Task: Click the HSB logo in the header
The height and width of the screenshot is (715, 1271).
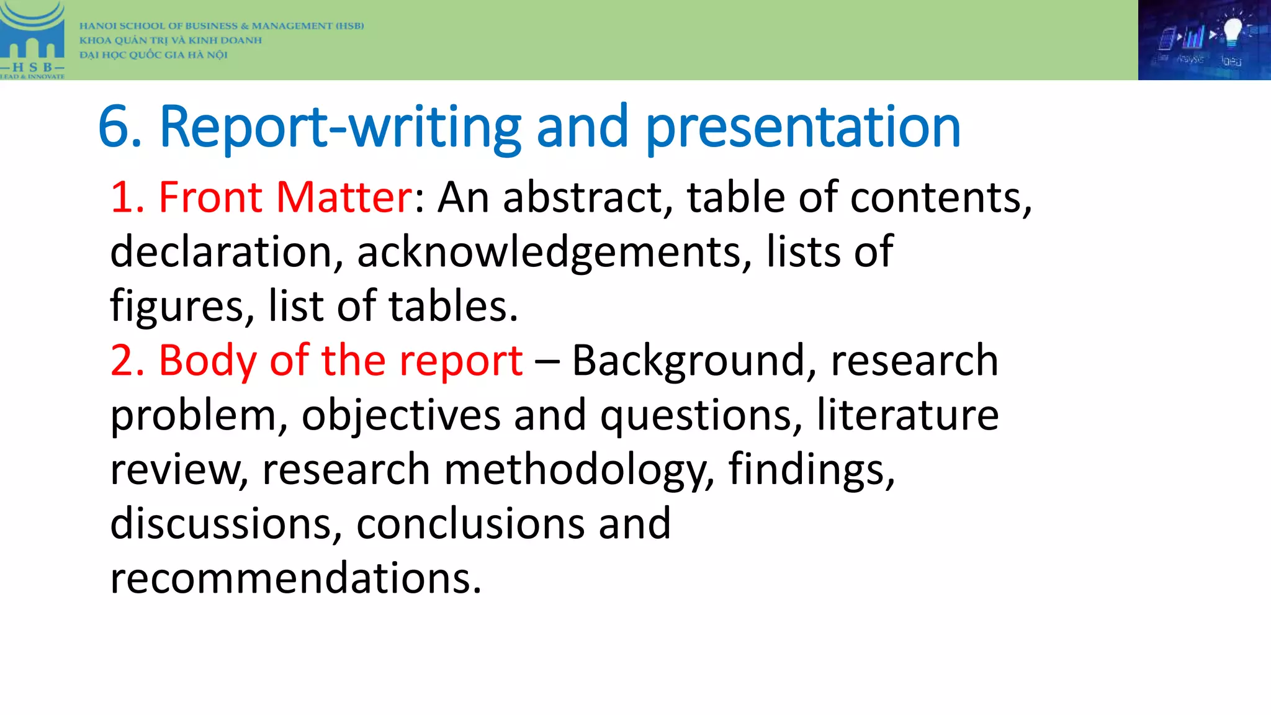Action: pos(32,40)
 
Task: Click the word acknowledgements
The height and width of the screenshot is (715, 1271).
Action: pos(554,252)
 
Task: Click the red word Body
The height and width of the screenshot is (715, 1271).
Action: pos(207,361)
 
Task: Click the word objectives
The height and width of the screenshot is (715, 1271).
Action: pos(401,415)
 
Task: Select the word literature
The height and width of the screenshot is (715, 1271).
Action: pos(907,415)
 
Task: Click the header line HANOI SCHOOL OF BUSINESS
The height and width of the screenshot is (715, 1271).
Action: pos(221,26)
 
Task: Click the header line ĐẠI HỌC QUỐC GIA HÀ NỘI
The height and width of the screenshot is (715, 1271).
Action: pos(153,55)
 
